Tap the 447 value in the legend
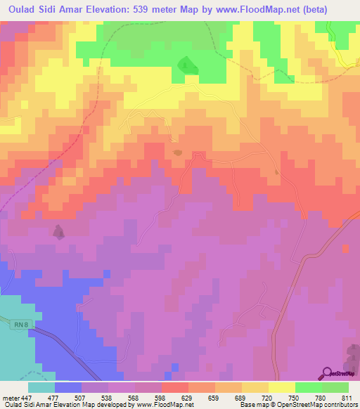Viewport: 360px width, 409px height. [25, 396]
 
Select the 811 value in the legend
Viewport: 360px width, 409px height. [347, 396]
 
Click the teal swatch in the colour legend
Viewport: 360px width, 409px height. [41, 387]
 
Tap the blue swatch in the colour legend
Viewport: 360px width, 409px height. [68, 387]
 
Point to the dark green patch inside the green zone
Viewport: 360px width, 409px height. [186, 65]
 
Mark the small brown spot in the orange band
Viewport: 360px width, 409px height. [177, 151]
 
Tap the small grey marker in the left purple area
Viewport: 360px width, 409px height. [59, 232]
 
